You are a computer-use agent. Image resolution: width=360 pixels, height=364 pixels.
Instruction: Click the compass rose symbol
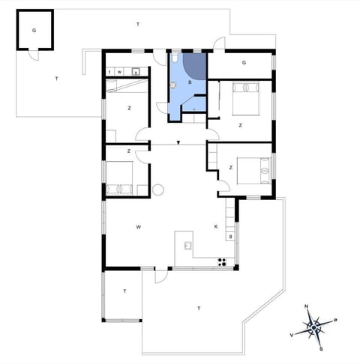coord(314,327)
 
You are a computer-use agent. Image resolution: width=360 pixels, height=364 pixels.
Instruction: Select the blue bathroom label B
coord(190,81)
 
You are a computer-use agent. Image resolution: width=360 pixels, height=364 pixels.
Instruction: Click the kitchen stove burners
coord(222,261)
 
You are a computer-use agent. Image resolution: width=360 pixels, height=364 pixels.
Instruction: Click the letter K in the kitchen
coord(216,225)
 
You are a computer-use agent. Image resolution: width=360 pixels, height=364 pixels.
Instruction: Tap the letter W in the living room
coord(139,225)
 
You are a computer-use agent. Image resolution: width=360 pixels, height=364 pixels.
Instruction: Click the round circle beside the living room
coord(157,190)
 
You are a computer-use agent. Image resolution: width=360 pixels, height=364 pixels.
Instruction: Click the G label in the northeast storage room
coord(244,64)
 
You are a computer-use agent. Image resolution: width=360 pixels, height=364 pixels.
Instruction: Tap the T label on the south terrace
coord(199,308)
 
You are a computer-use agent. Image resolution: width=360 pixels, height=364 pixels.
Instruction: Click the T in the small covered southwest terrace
coord(124,291)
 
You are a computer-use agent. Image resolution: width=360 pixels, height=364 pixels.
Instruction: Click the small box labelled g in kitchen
coord(231,237)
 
